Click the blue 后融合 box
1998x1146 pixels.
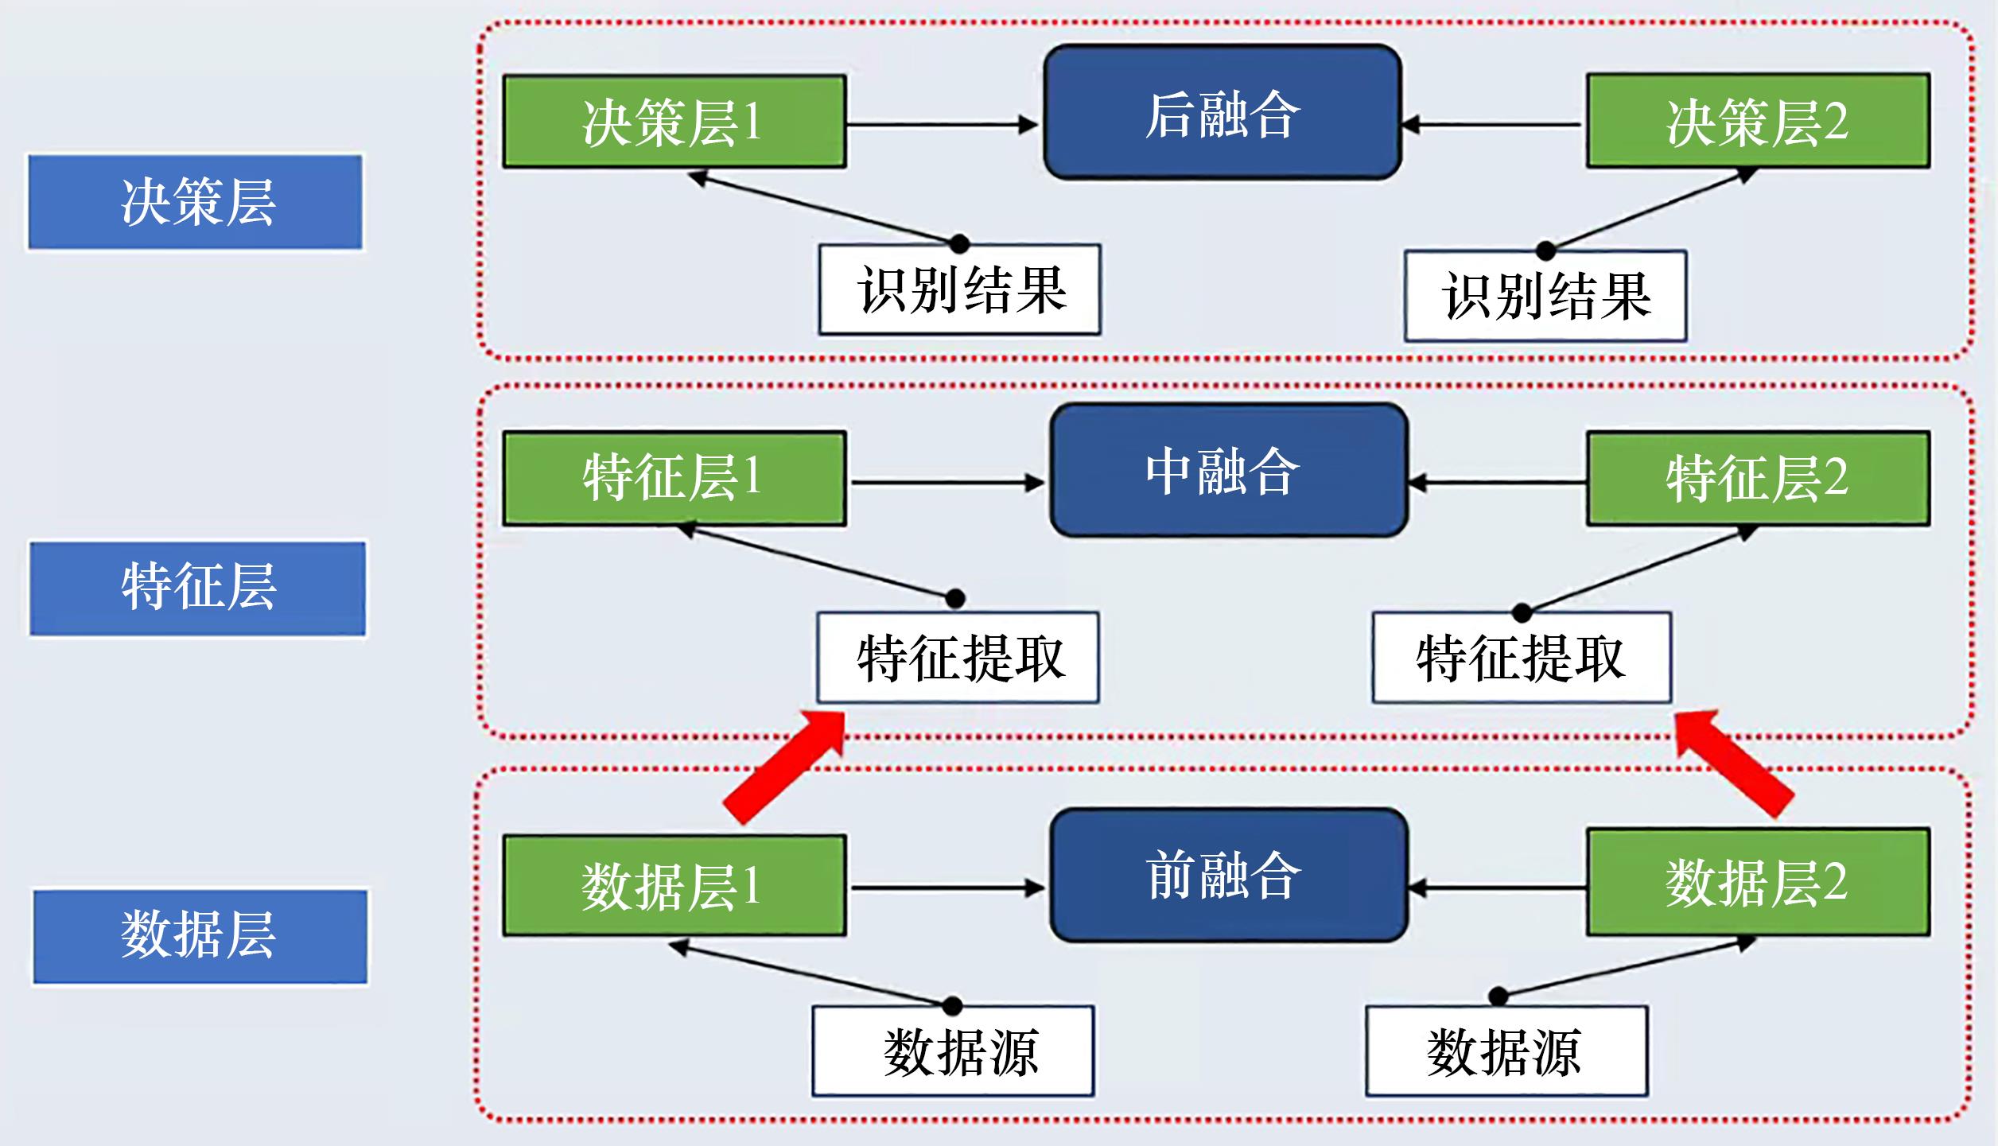coord(1222,112)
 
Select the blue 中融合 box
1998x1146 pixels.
coord(1229,470)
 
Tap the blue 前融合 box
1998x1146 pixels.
coord(1229,875)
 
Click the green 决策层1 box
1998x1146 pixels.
coord(674,122)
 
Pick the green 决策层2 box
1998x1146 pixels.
coord(1758,121)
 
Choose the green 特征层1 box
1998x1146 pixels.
coord(674,478)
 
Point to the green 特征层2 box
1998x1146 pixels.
coord(1758,478)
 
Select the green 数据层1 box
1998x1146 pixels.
coord(674,884)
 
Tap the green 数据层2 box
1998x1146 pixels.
coord(1758,881)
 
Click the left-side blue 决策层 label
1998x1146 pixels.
coord(196,202)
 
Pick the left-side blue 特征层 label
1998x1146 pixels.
coord(198,589)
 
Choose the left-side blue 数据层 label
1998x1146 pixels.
coord(200,936)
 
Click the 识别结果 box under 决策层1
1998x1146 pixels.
coord(960,289)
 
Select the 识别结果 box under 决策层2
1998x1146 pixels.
coord(1545,296)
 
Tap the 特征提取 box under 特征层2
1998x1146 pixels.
coord(1521,658)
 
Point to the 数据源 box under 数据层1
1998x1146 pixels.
coord(953,1051)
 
